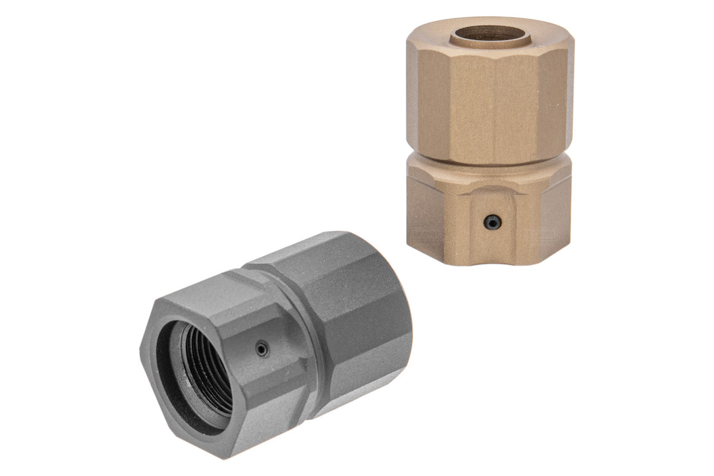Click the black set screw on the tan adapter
[491, 222]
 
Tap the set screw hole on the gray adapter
[262, 350]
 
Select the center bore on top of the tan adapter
[491, 33]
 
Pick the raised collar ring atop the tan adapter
[491, 42]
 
